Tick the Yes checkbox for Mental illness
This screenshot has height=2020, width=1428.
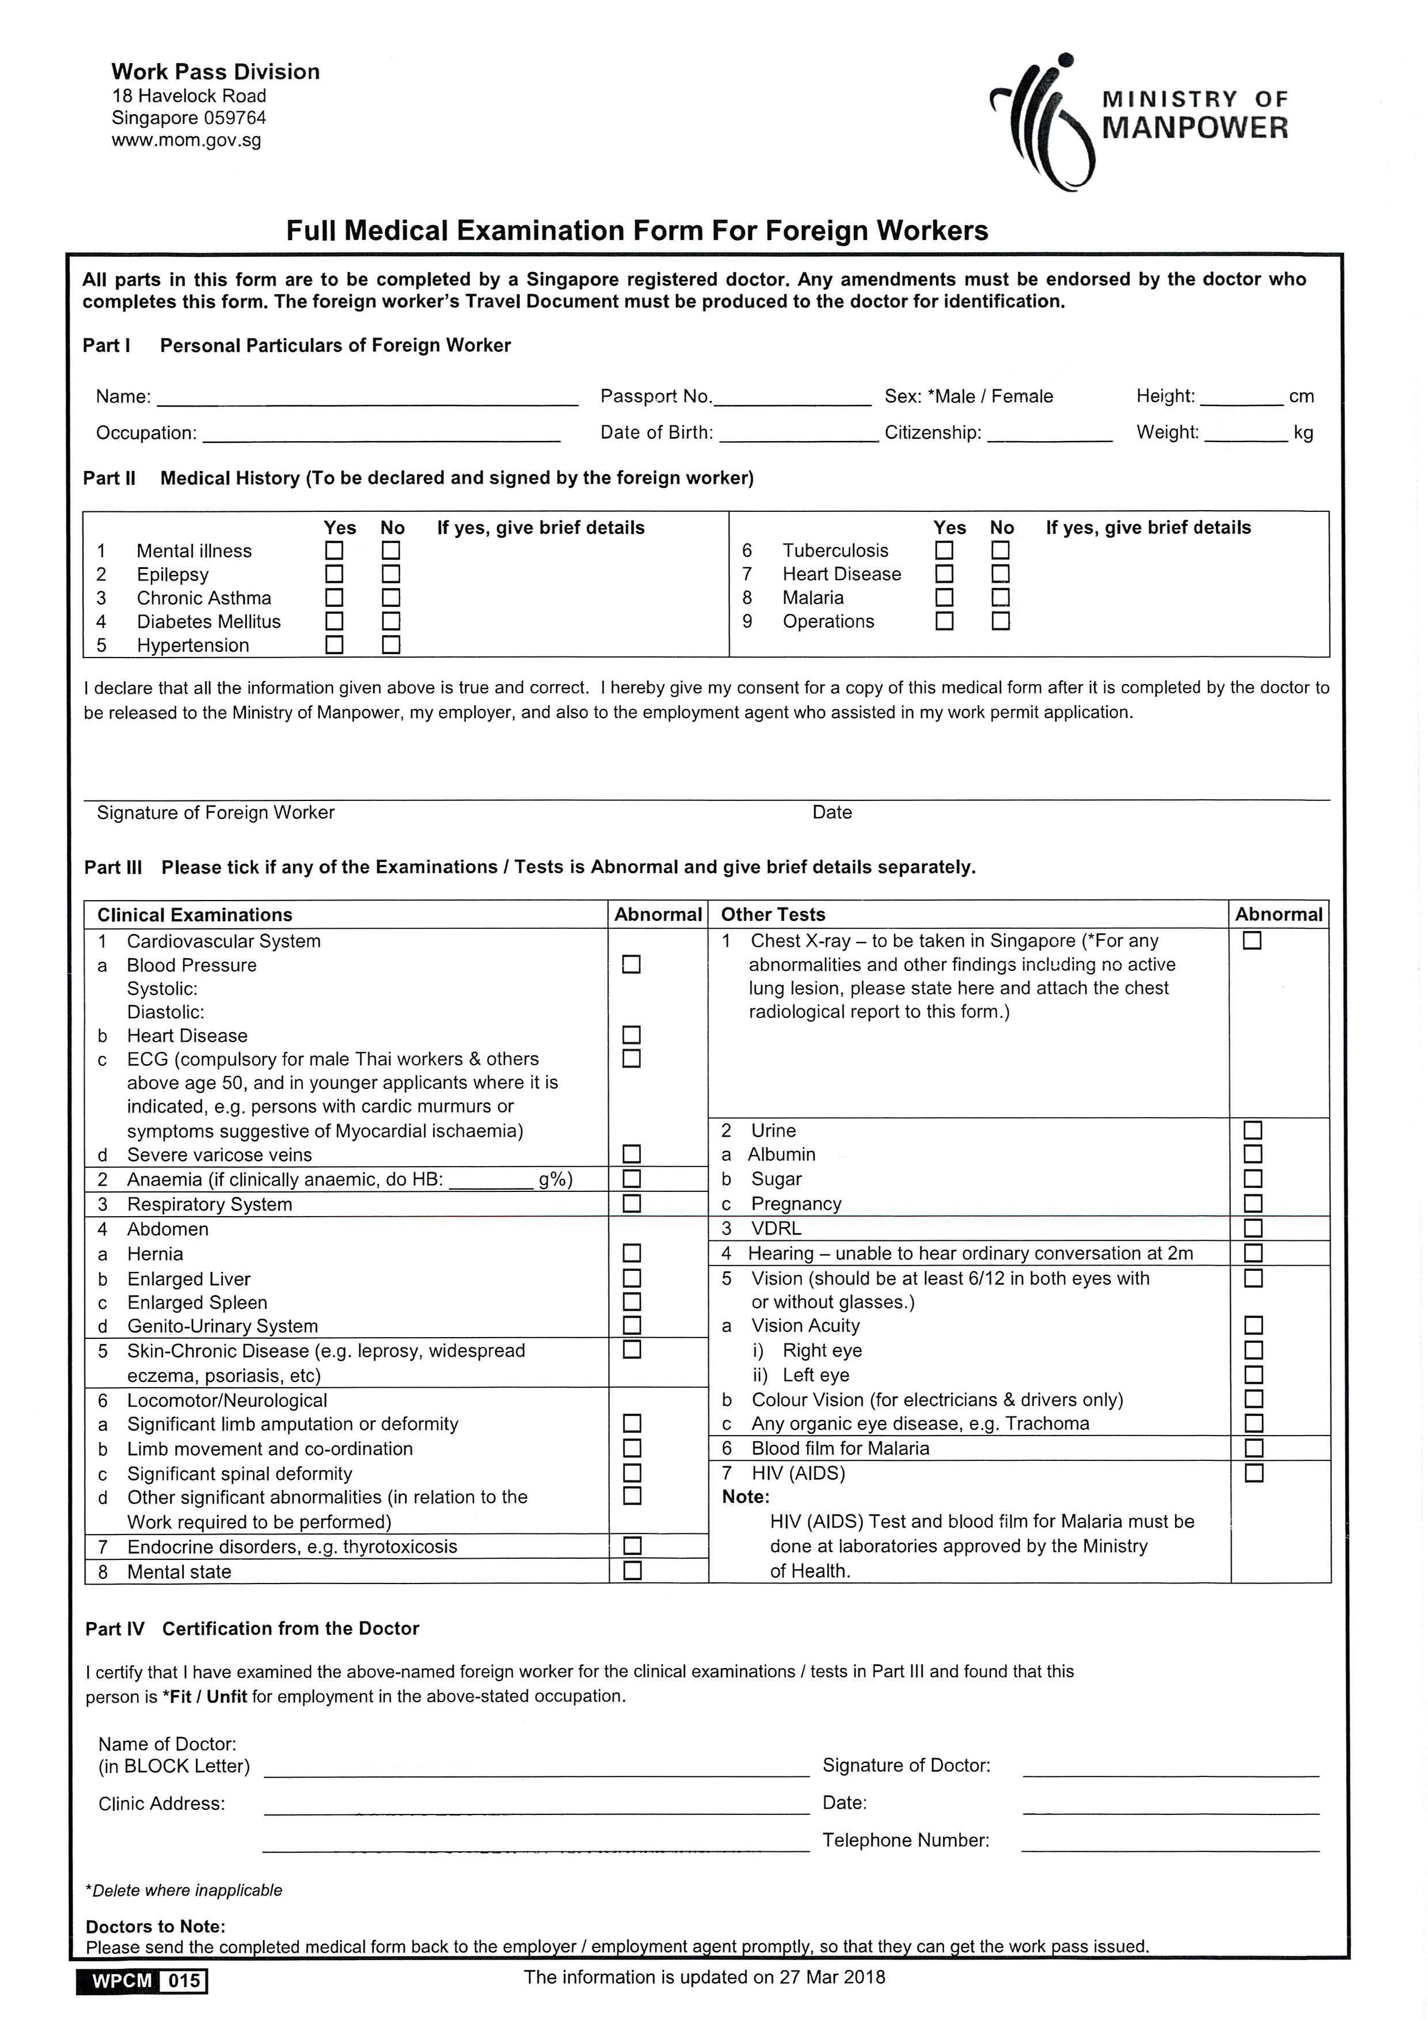335,550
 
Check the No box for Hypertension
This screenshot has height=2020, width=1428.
392,645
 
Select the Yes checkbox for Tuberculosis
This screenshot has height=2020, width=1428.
944,550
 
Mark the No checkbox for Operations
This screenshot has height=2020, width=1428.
1000,621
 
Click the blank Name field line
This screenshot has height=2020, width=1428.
367,398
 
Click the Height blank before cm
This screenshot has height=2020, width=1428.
1241,398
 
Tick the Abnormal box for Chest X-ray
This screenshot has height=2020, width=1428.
1252,940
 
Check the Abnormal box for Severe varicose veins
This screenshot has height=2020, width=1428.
632,1153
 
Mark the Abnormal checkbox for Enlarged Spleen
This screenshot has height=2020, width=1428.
632,1301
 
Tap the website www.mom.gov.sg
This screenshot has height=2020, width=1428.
187,140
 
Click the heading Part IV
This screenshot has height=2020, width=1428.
115,1628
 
